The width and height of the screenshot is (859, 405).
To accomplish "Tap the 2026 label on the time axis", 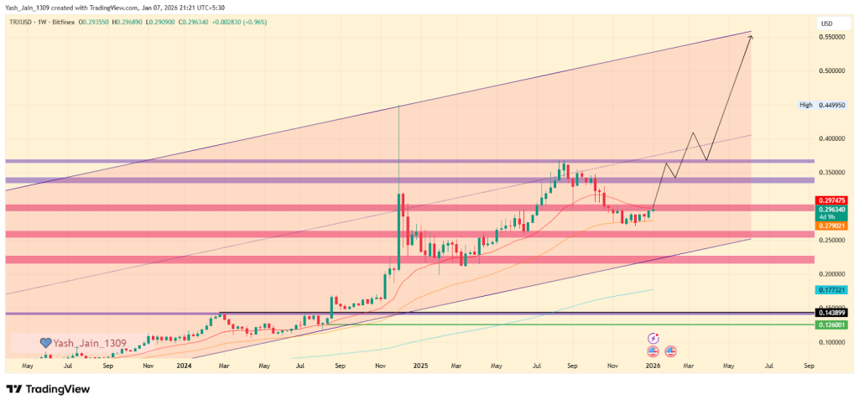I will pos(652,366).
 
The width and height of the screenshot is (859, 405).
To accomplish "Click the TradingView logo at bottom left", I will pos(48,390).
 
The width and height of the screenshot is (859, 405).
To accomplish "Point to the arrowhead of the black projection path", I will pos(750,35).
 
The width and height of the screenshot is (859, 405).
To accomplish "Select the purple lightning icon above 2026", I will pos(652,339).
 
